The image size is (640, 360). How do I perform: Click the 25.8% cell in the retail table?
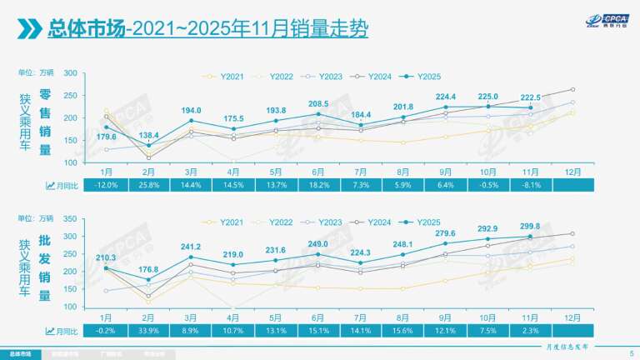(x=148, y=183)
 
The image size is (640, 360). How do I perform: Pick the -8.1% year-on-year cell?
(x=530, y=183)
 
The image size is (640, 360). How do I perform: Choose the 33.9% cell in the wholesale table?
(x=148, y=331)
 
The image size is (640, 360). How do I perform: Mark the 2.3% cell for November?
(x=530, y=331)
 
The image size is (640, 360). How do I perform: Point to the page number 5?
(x=631, y=353)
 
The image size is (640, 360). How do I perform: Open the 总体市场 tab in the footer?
(x=18, y=353)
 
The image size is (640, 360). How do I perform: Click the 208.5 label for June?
(x=317, y=103)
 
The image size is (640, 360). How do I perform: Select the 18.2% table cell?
(x=317, y=183)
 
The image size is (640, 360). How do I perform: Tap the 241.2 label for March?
(x=191, y=246)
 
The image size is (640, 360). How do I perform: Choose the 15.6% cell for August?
(x=402, y=331)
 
